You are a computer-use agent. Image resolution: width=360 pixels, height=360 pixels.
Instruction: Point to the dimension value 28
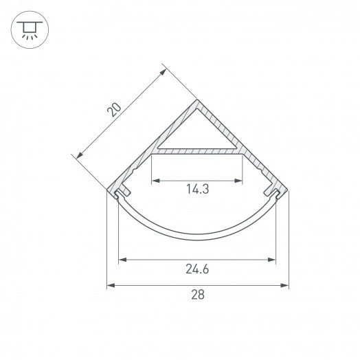point(197,295)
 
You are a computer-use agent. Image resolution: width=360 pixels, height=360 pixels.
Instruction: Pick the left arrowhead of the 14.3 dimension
point(155,181)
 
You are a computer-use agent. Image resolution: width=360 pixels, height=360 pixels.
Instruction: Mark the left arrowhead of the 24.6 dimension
point(122,260)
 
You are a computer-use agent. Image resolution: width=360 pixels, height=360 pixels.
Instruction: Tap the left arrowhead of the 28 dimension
point(111,285)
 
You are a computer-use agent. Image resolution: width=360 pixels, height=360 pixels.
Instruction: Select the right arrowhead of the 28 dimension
point(284,285)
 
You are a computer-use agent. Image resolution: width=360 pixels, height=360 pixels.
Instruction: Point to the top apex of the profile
point(197,102)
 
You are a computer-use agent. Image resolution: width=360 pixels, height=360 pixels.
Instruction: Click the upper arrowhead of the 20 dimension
point(163,69)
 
